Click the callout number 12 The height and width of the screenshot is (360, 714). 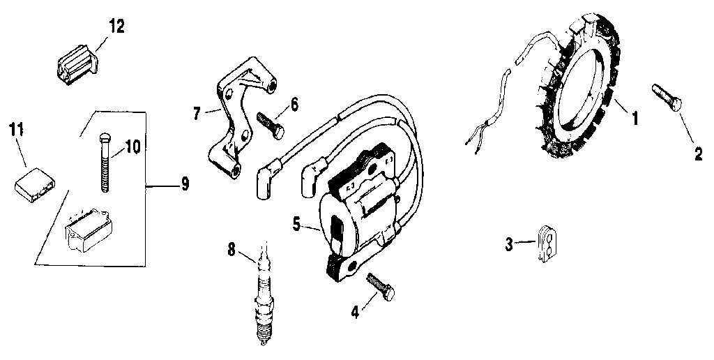[x=116, y=27]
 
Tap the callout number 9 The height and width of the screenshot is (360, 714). [x=184, y=183]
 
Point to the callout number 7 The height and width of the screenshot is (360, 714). [x=197, y=112]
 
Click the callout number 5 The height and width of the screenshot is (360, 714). [x=296, y=225]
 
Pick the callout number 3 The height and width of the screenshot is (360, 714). [x=509, y=243]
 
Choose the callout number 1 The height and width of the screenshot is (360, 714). [x=635, y=118]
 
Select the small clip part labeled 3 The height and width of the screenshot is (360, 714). [x=547, y=243]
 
